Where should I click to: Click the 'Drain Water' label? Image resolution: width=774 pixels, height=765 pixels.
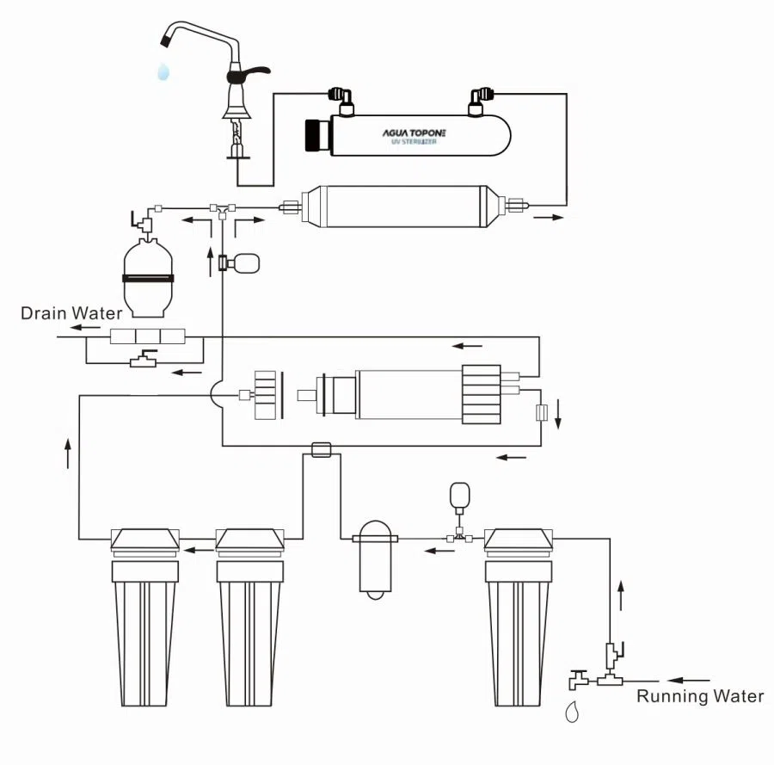(71, 313)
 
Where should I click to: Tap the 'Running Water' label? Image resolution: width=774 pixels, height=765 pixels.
(699, 696)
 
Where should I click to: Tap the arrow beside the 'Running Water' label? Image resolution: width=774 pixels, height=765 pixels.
(689, 680)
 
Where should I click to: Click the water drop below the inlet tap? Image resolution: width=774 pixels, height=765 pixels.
(572, 713)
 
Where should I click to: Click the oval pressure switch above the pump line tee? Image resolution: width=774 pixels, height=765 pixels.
(460, 496)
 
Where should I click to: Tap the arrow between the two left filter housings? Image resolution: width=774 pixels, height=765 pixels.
(201, 549)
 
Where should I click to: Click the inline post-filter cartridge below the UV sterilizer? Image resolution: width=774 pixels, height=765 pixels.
(401, 205)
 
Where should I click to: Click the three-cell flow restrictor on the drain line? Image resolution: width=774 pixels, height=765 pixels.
(149, 336)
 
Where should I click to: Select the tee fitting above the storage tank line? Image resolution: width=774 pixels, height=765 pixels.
(222, 208)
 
